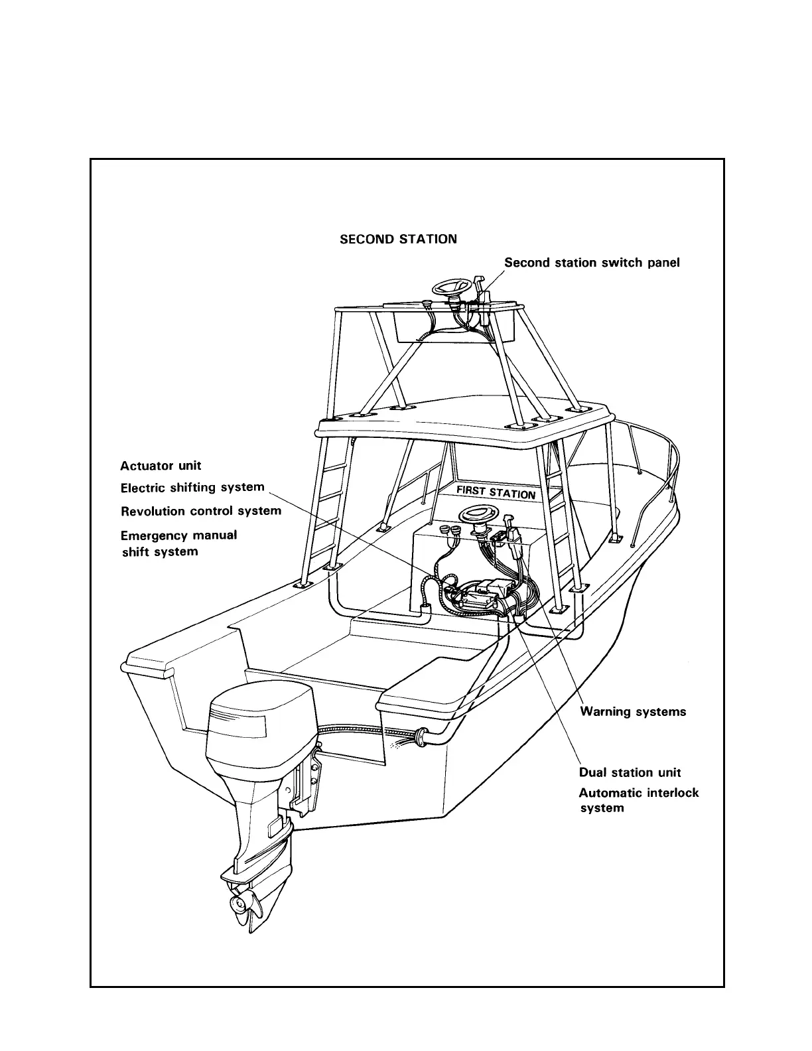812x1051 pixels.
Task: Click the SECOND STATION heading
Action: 398,239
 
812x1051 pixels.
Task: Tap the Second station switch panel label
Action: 592,263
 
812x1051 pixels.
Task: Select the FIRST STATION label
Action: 496,492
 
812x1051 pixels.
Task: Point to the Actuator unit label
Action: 161,466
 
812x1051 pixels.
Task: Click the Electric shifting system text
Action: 192,488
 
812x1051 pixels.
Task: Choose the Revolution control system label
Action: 201,511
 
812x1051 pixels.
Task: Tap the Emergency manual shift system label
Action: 178,543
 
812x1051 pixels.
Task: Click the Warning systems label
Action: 633,712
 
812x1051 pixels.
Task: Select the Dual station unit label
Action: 630,772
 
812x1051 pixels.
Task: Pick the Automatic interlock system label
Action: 638,800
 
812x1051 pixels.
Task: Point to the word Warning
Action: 605,712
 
